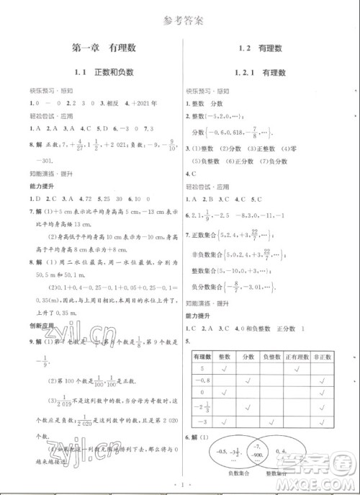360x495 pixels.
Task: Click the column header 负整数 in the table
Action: coord(271,357)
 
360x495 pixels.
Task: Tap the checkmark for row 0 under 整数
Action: coord(224,392)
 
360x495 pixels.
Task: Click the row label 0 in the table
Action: coord(202,392)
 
